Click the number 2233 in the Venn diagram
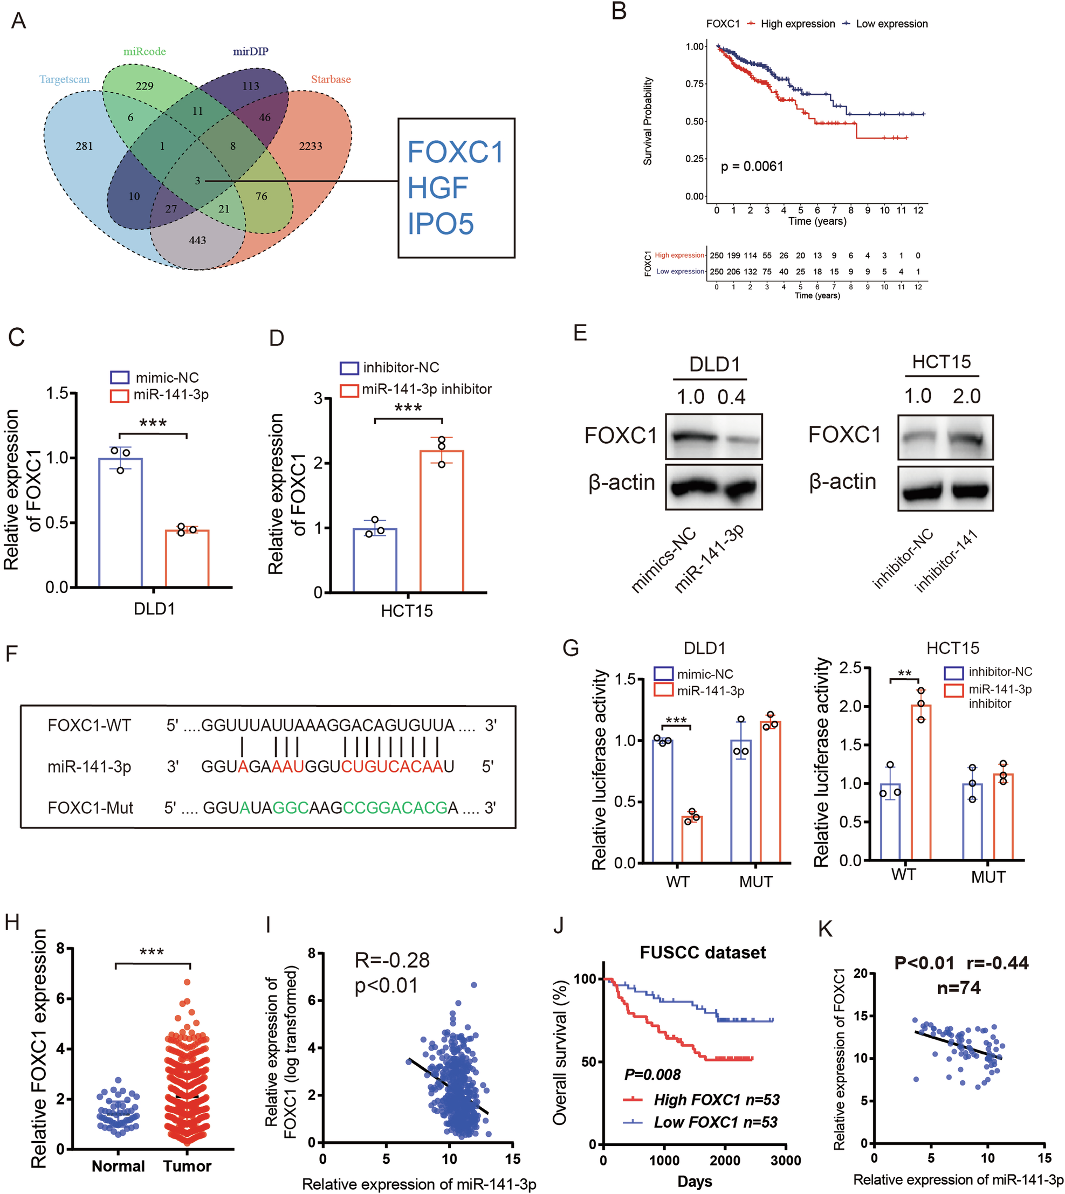310,146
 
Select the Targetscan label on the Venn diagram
64,80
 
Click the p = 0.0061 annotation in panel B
751,167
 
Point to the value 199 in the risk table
733,256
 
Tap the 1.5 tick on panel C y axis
57,394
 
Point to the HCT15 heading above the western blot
941,362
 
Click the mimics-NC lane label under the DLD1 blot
664,558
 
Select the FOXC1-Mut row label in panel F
90,808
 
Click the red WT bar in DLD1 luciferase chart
692,839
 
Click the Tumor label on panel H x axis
187,1166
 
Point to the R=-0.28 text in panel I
392,960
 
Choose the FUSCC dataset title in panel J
702,953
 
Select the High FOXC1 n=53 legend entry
716,1100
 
